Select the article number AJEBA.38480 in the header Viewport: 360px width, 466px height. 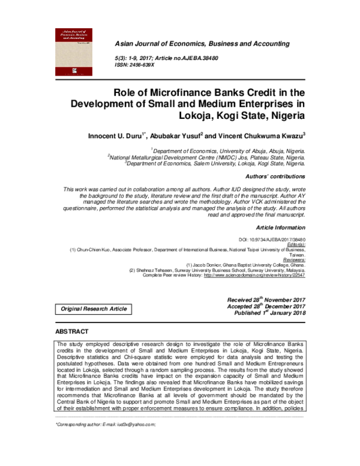201,58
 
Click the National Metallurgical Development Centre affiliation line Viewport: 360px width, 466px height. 206,157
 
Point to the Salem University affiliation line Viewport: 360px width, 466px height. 215,163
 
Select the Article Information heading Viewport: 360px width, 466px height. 281,228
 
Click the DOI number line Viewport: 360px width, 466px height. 276,239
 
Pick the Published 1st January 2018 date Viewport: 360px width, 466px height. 270,313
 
